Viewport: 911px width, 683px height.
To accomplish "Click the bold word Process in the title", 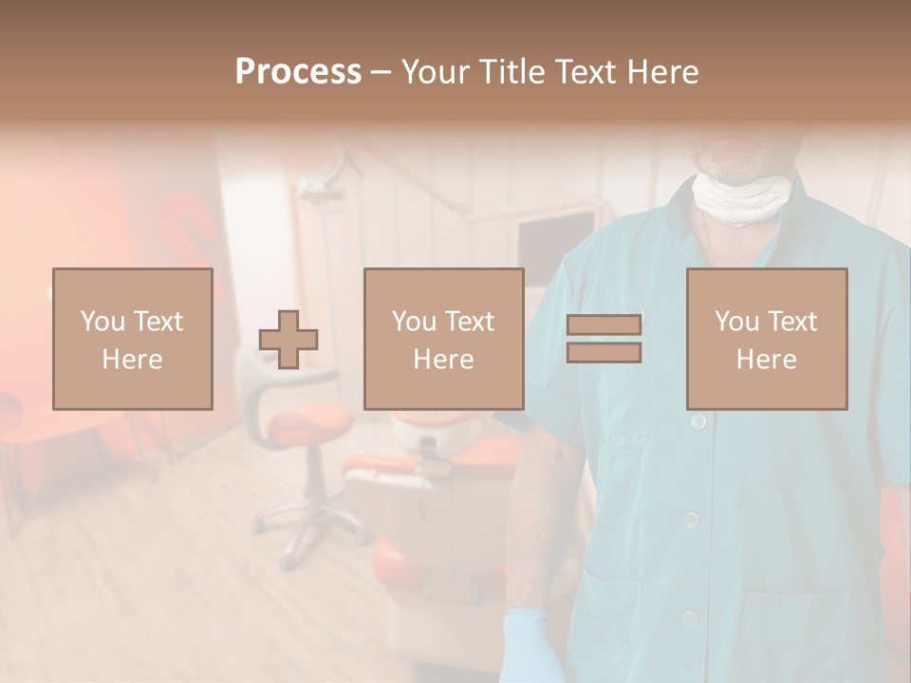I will pyautogui.click(x=298, y=71).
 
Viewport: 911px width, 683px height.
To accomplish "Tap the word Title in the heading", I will pyautogui.click(x=509, y=72).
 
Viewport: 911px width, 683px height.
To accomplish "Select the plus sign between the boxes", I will pyautogui.click(x=288, y=339).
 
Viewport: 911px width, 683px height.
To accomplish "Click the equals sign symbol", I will pyautogui.click(x=604, y=339).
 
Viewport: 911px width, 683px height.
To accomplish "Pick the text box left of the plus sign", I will pyautogui.click(x=133, y=339).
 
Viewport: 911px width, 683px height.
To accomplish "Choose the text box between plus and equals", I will pyautogui.click(x=443, y=339).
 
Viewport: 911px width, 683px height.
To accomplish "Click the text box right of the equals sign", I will pyautogui.click(x=766, y=339).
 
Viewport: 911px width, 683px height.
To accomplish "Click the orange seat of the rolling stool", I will pyautogui.click(x=308, y=427).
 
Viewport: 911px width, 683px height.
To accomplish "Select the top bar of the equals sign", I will pyautogui.click(x=604, y=325).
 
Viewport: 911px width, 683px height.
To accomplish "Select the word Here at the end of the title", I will pyautogui.click(x=662, y=72).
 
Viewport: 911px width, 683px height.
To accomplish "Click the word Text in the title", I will pyautogui.click(x=586, y=72).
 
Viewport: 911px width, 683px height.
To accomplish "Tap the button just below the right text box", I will pyautogui.click(x=698, y=420).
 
